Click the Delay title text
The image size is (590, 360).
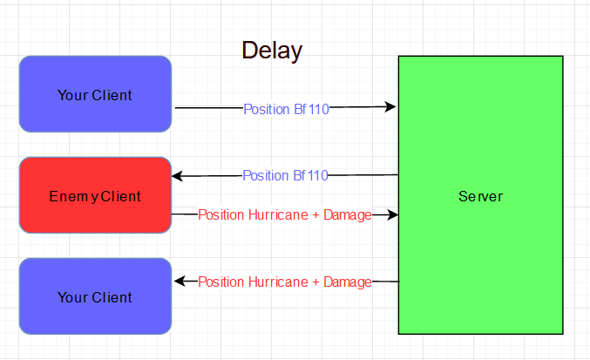point(272,51)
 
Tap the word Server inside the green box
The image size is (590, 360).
point(480,197)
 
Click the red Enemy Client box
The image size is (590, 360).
point(95,196)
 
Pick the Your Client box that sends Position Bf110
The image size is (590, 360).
point(95,94)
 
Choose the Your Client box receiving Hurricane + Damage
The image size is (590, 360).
point(95,296)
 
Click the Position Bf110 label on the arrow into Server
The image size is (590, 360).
point(285,109)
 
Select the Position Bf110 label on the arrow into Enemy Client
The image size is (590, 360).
point(285,176)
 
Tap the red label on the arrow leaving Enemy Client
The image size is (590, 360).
point(285,214)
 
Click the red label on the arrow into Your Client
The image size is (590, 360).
point(285,282)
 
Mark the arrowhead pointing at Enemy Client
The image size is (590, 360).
point(178,176)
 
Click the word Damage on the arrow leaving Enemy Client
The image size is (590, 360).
point(348,214)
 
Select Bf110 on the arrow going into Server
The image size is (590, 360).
point(310,109)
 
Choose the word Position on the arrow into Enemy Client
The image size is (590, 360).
point(265,176)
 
